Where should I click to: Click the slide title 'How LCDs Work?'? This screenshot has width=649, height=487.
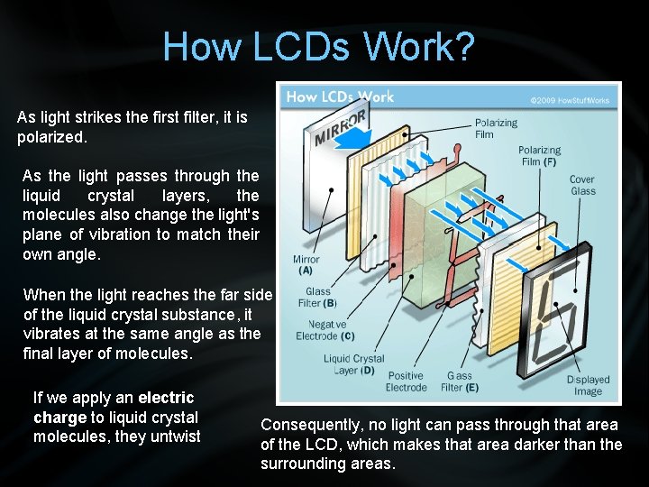coord(318,47)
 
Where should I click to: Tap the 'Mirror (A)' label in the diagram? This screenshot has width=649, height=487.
coord(306,264)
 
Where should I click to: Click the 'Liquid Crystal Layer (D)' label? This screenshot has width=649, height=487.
coord(353,364)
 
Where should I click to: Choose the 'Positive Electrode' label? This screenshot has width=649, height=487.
coord(406,381)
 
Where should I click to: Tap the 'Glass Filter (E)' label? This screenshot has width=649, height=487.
coord(459,381)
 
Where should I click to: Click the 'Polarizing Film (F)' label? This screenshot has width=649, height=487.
coord(539,155)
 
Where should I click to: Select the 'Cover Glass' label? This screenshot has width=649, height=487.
coord(582,185)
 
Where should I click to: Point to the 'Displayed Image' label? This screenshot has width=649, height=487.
coord(588,385)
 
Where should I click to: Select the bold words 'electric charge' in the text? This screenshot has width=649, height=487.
coord(114,408)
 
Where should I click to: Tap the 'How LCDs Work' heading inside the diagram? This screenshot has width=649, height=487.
coord(340,96)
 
